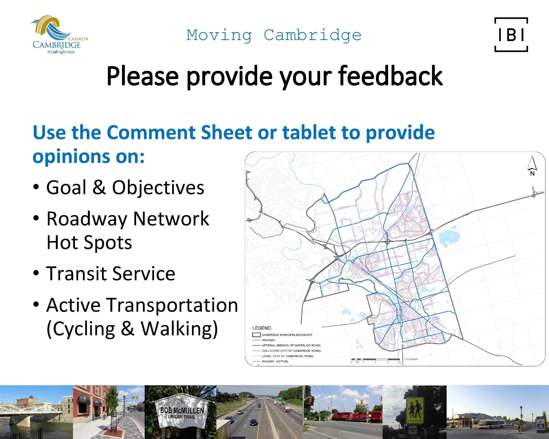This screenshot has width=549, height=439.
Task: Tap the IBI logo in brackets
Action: pos(511,35)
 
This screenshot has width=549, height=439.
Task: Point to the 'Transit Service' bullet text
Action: pos(111,274)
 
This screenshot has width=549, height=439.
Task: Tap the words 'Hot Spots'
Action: pos(89,243)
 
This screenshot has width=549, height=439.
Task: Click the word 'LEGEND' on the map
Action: pos(262,328)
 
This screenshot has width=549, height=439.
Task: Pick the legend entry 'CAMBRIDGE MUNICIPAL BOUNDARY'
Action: pos(287,335)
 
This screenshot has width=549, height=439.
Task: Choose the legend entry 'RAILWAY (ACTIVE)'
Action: pos(275,361)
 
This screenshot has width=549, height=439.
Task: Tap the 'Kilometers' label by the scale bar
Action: pos(412,359)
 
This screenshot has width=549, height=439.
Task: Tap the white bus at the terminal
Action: pos(491,424)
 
